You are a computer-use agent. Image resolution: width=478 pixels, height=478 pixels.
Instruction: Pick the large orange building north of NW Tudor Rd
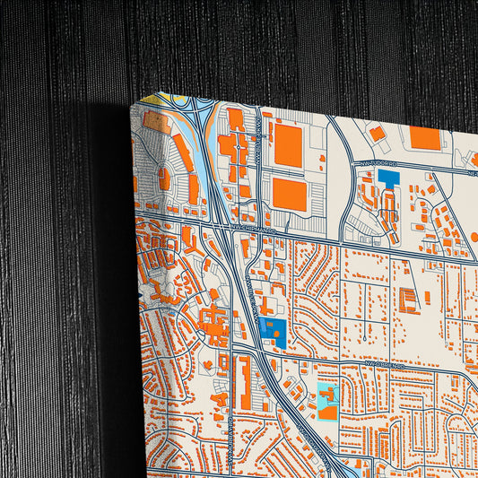coord(425,137)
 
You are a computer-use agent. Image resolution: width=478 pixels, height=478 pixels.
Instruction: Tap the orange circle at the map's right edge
coord(474,237)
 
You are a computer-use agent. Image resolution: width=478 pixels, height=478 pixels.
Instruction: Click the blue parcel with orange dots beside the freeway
coord(274,332)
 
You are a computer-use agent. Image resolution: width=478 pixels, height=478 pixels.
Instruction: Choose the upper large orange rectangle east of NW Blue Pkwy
coord(288,145)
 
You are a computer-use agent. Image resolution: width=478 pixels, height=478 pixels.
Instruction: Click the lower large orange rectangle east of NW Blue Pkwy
coord(290,194)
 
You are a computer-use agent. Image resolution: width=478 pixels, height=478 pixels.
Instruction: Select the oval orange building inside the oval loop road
coord(164,178)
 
